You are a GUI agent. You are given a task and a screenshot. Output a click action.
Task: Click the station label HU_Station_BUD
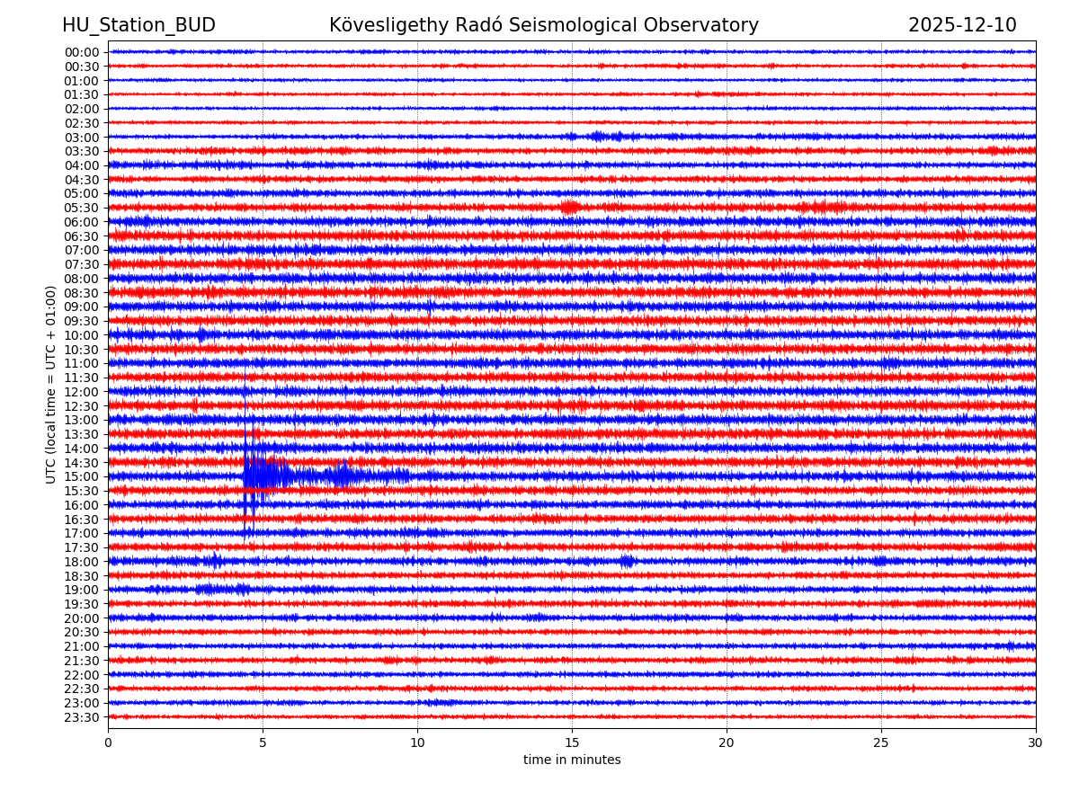[138, 25]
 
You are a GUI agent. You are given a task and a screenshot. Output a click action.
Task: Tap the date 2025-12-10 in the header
[962, 25]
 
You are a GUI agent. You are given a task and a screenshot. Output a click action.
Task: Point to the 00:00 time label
[81, 52]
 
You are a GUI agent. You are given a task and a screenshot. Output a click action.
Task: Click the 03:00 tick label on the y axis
[81, 137]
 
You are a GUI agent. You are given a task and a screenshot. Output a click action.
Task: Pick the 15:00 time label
[81, 476]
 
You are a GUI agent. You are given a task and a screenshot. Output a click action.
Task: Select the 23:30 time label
[81, 717]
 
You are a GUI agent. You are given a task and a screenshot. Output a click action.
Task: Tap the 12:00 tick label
[81, 392]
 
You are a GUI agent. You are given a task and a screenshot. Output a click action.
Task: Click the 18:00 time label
[81, 562]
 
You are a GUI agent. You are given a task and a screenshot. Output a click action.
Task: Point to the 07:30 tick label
[81, 264]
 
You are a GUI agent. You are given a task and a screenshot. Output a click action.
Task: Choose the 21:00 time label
[81, 646]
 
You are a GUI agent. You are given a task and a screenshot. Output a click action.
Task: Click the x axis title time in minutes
[572, 760]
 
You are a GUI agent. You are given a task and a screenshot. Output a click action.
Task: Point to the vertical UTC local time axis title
[52, 384]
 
